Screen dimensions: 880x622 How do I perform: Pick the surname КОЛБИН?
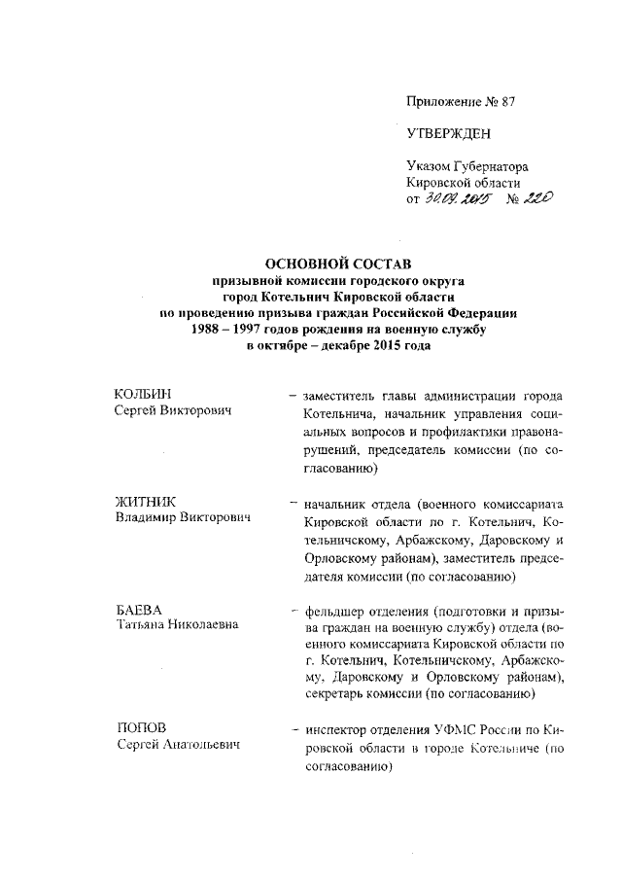[x=143, y=395]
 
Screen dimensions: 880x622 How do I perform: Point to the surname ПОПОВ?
[x=142, y=727]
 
